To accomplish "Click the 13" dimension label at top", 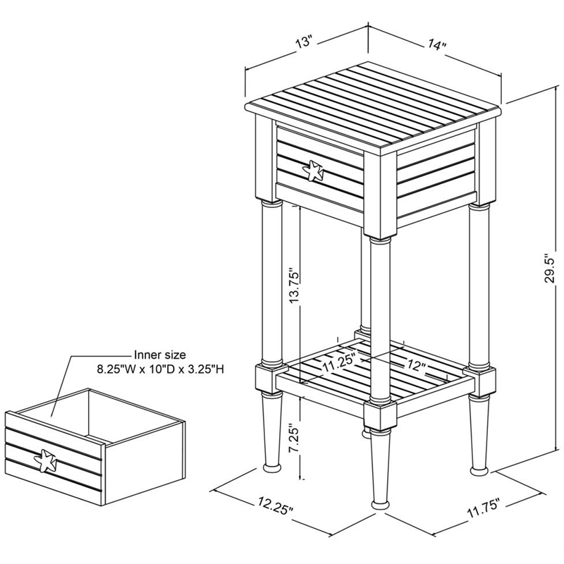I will point(304,43).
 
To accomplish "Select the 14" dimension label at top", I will point(437,45).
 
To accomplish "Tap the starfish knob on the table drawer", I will point(312,169).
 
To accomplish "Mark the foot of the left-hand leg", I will point(271,466).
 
